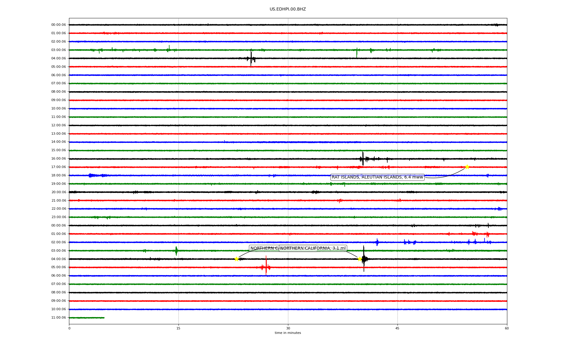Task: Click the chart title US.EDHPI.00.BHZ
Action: pos(288,9)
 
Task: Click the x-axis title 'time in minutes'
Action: pos(288,333)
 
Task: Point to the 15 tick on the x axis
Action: pos(178,328)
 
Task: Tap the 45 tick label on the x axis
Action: pos(397,328)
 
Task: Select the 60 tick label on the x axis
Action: pos(507,328)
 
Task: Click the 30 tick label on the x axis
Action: pos(288,328)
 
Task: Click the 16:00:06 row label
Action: pos(58,159)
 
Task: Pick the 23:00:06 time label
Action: pos(58,217)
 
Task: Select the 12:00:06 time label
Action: pos(58,125)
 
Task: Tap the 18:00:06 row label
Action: pos(58,175)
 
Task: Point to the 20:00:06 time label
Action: pos(58,192)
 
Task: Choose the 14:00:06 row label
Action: pos(58,142)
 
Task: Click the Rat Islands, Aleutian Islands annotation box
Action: pos(377,177)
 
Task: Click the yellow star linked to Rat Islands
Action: pos(467,167)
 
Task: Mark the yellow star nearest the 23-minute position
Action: pos(236,259)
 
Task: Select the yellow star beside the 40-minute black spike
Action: pos(360,259)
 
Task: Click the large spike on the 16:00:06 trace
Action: pos(363,158)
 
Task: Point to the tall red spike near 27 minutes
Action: pos(266,265)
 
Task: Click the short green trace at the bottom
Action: pos(87,318)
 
